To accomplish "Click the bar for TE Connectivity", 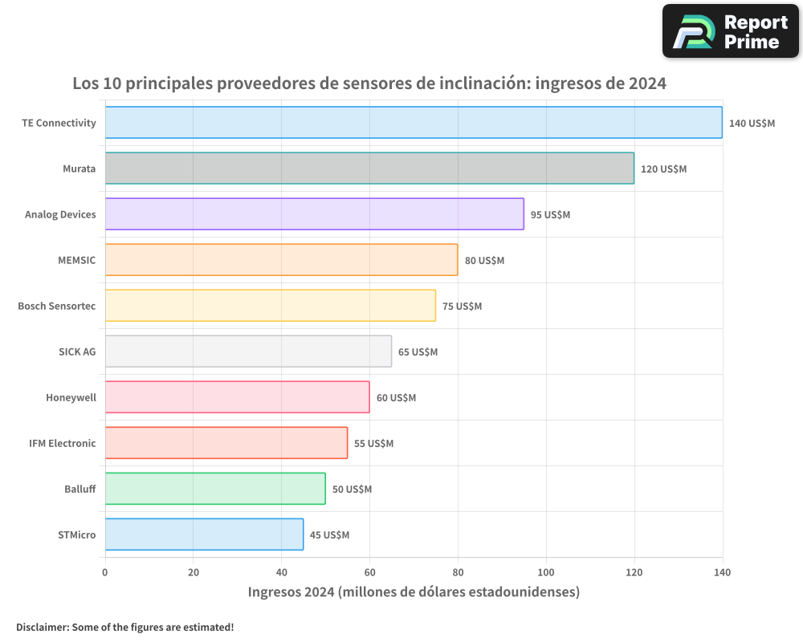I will coord(414,123).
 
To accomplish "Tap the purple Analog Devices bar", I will coord(314,214).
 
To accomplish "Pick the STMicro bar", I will coord(204,534).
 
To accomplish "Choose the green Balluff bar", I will coord(215,489).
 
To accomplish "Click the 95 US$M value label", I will coord(550,215).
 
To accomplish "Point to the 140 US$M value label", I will coord(752,124).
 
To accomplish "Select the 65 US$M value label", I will coord(418,352).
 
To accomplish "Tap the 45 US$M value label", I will coord(329,535).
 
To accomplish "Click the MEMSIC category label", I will coord(77,260).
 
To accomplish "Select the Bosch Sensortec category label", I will coord(57,306).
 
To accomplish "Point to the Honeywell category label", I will coord(71,397).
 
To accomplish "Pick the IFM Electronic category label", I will coord(63,443).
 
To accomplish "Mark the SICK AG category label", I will coord(77,351).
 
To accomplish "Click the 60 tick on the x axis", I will coord(369,572).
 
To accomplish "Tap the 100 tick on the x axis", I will coord(546,572).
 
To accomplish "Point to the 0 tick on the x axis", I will coord(105,572).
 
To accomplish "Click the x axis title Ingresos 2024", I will coord(414,592).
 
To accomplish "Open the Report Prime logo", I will coord(731,31).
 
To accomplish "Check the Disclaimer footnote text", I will coord(124,627).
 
